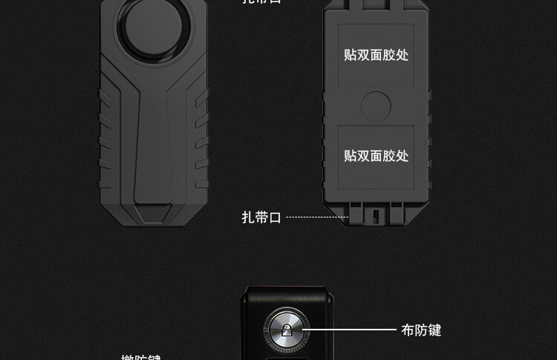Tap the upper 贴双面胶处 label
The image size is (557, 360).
pyautogui.click(x=376, y=55)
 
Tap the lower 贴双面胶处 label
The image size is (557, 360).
pyautogui.click(x=376, y=156)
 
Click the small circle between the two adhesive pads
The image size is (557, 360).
pyautogui.click(x=376, y=106)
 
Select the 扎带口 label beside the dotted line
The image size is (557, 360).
pyautogui.click(x=261, y=217)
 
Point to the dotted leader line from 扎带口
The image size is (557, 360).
pyautogui.click(x=317, y=217)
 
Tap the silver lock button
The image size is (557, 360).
pyautogui.click(x=286, y=329)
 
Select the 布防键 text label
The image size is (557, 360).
pyautogui.click(x=421, y=330)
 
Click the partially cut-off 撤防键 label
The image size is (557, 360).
pyautogui.click(x=141, y=357)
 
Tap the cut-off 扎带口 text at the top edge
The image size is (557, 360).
pyautogui.click(x=261, y=2)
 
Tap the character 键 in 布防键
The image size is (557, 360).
pyautogui.click(x=434, y=330)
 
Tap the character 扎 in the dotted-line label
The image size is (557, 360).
pyautogui.click(x=249, y=217)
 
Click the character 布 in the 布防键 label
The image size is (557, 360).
pyautogui.click(x=408, y=330)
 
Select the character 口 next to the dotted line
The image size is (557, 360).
pyautogui.click(x=275, y=217)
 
